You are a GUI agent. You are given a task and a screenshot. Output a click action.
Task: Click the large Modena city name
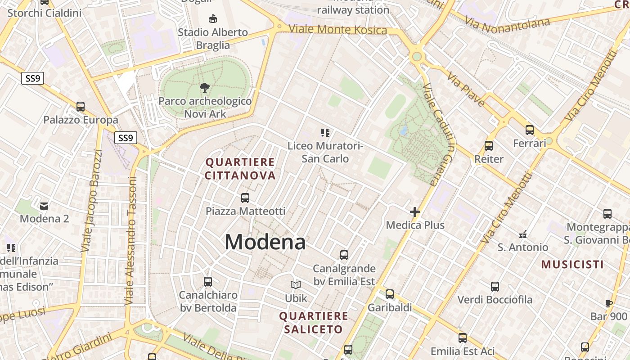[x=265, y=242]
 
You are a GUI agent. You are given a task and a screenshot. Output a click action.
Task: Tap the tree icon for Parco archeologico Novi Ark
[x=205, y=87]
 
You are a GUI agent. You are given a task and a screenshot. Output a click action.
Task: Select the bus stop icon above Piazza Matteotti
[x=245, y=198]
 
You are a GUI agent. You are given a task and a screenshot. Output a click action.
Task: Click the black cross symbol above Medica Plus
[x=415, y=212]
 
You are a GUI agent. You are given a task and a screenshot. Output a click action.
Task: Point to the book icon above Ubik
[x=296, y=285]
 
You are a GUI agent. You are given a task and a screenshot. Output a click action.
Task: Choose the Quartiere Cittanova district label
[x=240, y=169]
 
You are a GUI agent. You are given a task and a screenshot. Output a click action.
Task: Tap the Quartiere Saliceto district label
[x=314, y=323]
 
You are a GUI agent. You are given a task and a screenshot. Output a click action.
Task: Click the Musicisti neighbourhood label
[x=572, y=264]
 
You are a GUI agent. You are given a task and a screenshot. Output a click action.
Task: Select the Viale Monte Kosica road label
[x=337, y=30]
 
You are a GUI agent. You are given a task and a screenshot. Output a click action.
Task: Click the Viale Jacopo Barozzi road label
[x=92, y=201]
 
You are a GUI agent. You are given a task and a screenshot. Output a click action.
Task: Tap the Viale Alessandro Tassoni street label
[x=130, y=241]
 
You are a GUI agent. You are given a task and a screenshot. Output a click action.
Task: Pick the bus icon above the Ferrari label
[x=530, y=130]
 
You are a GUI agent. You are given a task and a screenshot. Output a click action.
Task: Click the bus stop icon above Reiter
[x=489, y=145]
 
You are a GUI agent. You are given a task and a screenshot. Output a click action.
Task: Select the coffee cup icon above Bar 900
[x=608, y=303]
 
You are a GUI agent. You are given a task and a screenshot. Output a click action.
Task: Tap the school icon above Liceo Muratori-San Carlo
[x=325, y=132]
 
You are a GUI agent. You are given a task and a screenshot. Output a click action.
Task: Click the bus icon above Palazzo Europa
[x=81, y=107]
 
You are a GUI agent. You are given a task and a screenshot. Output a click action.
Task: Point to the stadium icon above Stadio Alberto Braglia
[x=212, y=18]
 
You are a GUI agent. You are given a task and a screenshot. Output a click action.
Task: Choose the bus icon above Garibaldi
[x=390, y=294]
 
